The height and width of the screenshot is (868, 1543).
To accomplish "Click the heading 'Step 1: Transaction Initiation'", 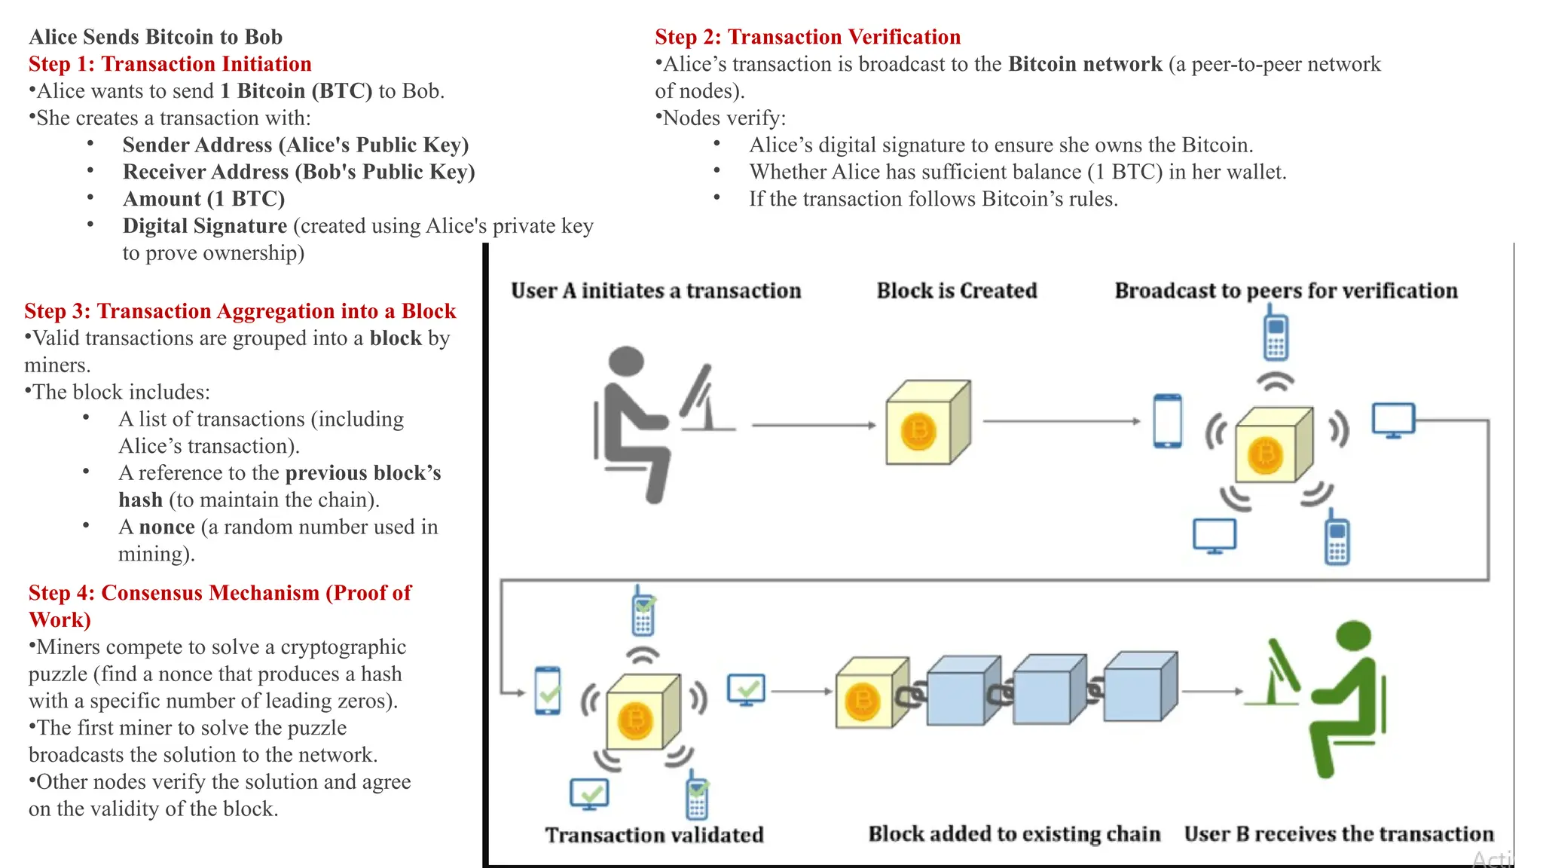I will (170, 64).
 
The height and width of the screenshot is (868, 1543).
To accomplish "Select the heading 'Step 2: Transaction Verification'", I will (807, 37).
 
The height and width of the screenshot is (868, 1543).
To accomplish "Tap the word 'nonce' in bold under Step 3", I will (167, 527).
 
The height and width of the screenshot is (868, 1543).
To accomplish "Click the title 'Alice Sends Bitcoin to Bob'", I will (156, 37).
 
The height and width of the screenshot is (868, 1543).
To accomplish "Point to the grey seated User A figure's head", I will (626, 360).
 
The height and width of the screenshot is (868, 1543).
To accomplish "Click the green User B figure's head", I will (1353, 635).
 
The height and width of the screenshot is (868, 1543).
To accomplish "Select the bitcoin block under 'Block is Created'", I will (927, 423).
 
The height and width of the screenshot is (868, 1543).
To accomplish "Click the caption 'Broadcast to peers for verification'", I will (1285, 291).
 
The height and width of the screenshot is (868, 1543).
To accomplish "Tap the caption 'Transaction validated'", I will (654, 835).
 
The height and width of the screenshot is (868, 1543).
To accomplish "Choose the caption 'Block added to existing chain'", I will (1014, 834).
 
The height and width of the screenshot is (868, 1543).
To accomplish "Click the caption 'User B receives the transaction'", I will (1339, 834).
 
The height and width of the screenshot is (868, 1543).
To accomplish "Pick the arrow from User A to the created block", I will (814, 425).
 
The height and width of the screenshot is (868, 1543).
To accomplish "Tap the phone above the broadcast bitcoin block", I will (1276, 335).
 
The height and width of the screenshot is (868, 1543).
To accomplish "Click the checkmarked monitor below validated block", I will (589, 794).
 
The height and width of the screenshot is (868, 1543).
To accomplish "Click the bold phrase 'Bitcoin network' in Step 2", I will (1085, 64).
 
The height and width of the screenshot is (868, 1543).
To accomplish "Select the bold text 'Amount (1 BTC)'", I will (203, 199).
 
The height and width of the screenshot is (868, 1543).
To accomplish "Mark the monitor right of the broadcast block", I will (1393, 420).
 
